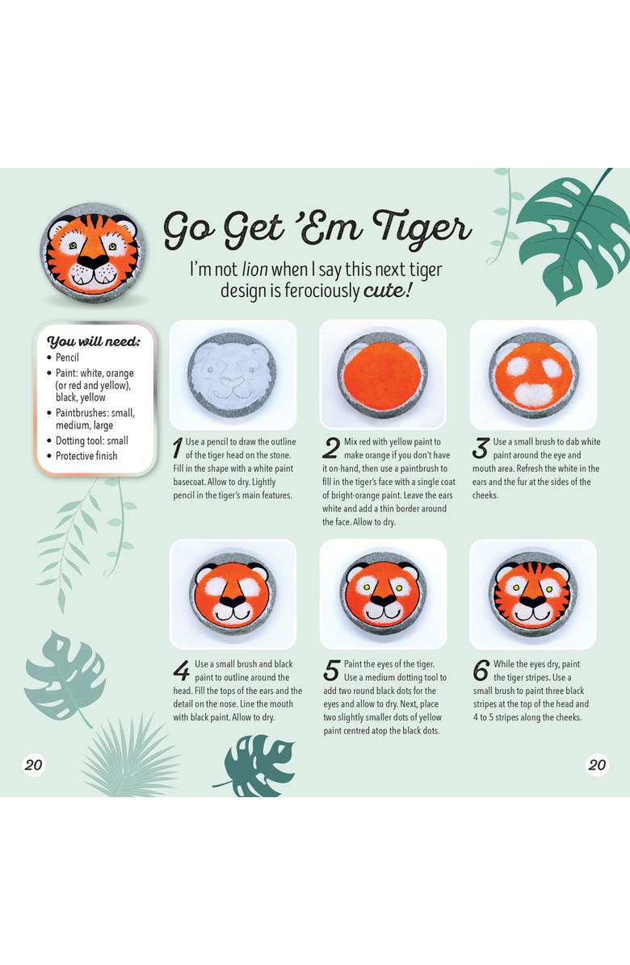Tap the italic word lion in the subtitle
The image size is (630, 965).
coord(254,269)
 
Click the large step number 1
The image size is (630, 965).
coord(178,448)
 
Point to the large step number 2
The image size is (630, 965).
coord(330,448)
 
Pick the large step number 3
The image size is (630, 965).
coord(481,448)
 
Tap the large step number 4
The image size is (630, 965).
coord(181,670)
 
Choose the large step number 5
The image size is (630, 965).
coord(331,670)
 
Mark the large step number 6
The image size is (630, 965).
coord(481,670)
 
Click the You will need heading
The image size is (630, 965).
coord(94,341)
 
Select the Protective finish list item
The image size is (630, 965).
coord(86,456)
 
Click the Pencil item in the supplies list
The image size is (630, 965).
coord(67,357)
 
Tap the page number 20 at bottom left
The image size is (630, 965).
coord(33,765)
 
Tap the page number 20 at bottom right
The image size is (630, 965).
coord(597,765)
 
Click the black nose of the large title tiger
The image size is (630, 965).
coord(93,261)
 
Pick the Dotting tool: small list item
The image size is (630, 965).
coord(92,441)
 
